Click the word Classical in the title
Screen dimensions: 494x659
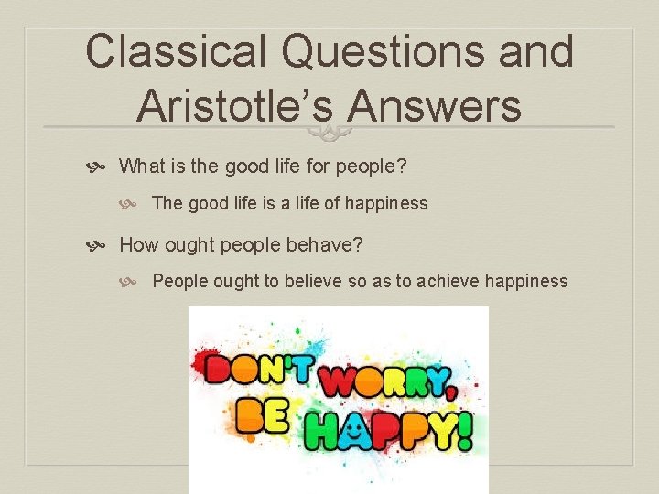[176, 51]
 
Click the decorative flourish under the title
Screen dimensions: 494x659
[329, 133]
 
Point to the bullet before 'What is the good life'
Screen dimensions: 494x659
[102, 166]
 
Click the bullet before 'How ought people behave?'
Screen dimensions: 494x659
[102, 245]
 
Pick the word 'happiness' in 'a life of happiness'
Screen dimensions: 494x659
[388, 203]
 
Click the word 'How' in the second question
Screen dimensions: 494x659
[137, 245]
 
